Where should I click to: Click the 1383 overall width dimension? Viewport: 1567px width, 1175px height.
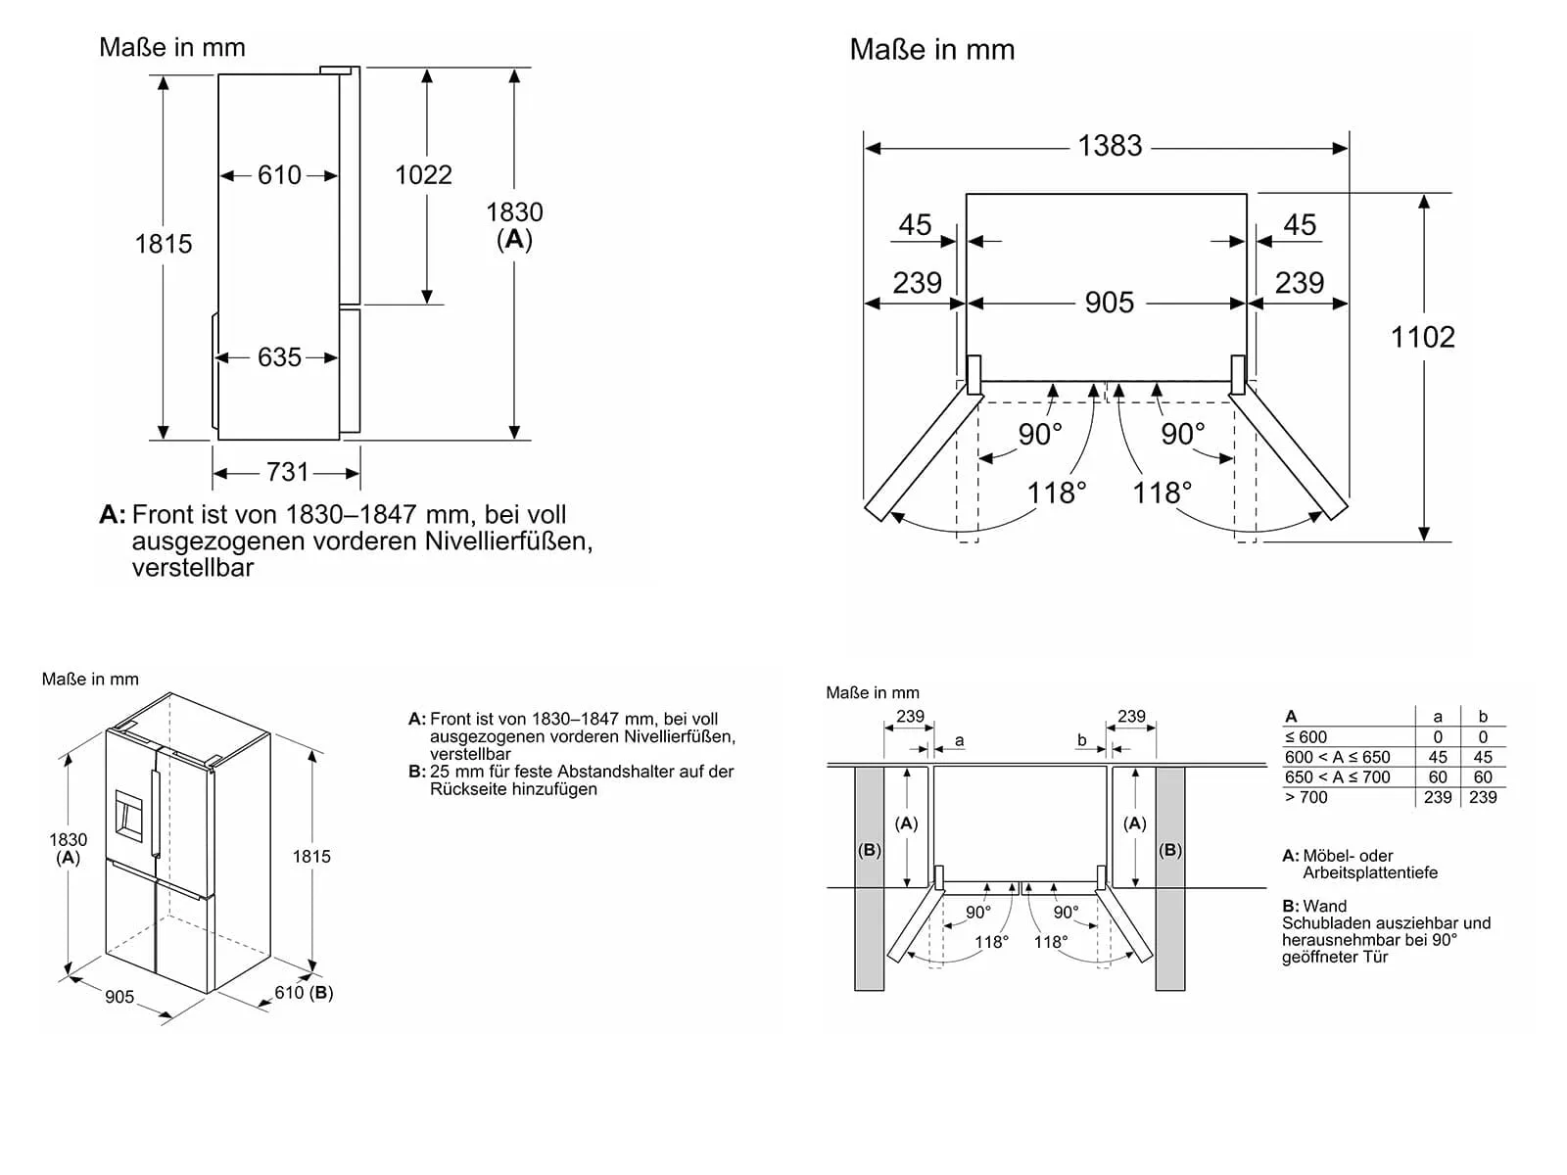tap(1110, 146)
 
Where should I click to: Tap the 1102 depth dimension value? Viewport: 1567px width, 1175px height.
tap(1422, 338)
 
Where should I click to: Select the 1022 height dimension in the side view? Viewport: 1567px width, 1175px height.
tap(423, 175)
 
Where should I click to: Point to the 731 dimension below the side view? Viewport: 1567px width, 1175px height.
tap(288, 473)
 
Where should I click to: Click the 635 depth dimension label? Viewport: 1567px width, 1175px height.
tap(279, 357)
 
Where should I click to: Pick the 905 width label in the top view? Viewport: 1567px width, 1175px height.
tap(1109, 303)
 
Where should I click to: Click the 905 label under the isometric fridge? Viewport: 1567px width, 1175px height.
tap(119, 997)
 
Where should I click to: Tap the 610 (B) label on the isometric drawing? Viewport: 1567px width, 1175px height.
tap(304, 993)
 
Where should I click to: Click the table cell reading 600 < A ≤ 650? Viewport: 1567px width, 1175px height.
tap(1337, 757)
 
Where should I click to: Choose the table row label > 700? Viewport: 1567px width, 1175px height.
tap(1306, 797)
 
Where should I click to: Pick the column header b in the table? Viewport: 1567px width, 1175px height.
tap(1483, 717)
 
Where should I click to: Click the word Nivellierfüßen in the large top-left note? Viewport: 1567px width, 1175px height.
tap(508, 540)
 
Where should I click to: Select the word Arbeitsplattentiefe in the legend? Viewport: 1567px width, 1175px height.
tap(1369, 872)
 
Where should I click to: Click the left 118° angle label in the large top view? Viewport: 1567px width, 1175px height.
tap(1057, 493)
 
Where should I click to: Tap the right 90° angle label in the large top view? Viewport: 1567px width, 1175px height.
tap(1183, 433)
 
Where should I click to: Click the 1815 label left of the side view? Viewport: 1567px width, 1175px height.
tap(164, 244)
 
